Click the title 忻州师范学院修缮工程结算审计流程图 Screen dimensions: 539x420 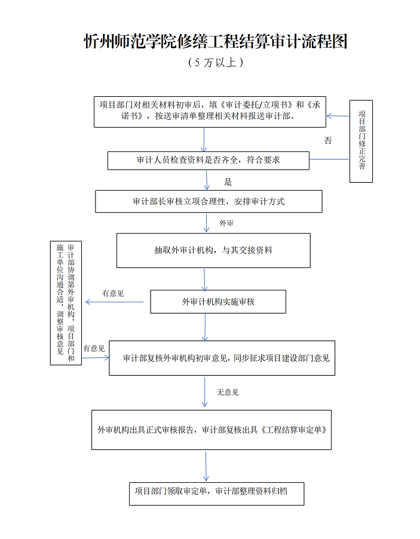pyautogui.click(x=215, y=41)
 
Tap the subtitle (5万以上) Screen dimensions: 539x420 pyautogui.click(x=215, y=62)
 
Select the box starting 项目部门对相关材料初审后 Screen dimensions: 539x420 pyautogui.click(x=210, y=111)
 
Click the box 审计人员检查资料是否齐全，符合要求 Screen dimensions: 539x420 pyautogui.click(x=209, y=160)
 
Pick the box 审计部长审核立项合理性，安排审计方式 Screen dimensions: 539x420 pyautogui.click(x=209, y=201)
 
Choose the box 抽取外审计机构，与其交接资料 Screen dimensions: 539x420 pyautogui.click(x=213, y=250)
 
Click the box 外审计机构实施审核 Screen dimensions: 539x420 pyautogui.click(x=218, y=301)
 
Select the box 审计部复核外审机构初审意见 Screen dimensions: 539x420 pyautogui.click(x=222, y=358)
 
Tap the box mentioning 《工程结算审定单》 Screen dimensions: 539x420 pyautogui.click(x=211, y=430)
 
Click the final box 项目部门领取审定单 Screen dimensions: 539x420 pyautogui.click(x=216, y=493)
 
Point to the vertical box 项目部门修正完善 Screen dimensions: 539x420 pyautogui.click(x=361, y=141)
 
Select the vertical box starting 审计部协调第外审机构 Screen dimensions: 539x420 pyautogui.click(x=66, y=303)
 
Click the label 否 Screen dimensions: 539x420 pyautogui.click(x=327, y=141)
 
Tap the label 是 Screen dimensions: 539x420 pyautogui.click(x=228, y=181)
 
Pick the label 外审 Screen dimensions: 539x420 pyautogui.click(x=226, y=223)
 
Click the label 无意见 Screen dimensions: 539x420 pyautogui.click(x=228, y=392)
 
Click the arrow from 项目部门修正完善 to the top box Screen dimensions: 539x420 pyautogui.click(x=338, y=116)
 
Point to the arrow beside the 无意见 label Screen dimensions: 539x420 pyautogui.click(x=206, y=392)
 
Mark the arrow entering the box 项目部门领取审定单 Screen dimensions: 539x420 pyautogui.click(x=206, y=466)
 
